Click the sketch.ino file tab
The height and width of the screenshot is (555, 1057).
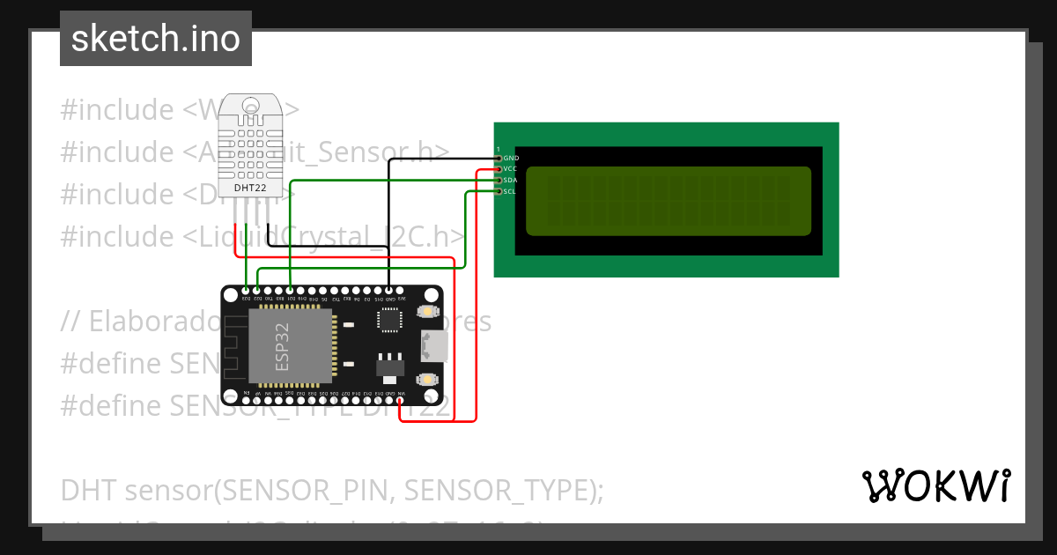[x=156, y=39]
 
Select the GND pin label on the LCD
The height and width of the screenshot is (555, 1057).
[x=511, y=159]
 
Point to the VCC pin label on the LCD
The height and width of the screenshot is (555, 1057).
[x=510, y=169]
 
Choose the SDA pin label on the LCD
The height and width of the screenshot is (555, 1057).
[x=510, y=181]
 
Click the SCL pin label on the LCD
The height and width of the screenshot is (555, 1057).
[x=510, y=191]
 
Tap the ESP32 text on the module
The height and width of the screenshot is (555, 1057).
[x=281, y=346]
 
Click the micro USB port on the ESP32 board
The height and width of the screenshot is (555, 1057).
[x=433, y=345]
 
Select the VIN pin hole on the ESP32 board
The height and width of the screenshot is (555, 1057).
[x=402, y=400]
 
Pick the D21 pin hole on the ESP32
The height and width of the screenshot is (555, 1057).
[x=290, y=291]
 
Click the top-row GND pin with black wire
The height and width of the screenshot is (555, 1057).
[x=389, y=291]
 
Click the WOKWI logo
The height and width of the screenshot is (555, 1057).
[x=935, y=485]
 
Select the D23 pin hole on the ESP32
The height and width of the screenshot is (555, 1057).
[x=246, y=291]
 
